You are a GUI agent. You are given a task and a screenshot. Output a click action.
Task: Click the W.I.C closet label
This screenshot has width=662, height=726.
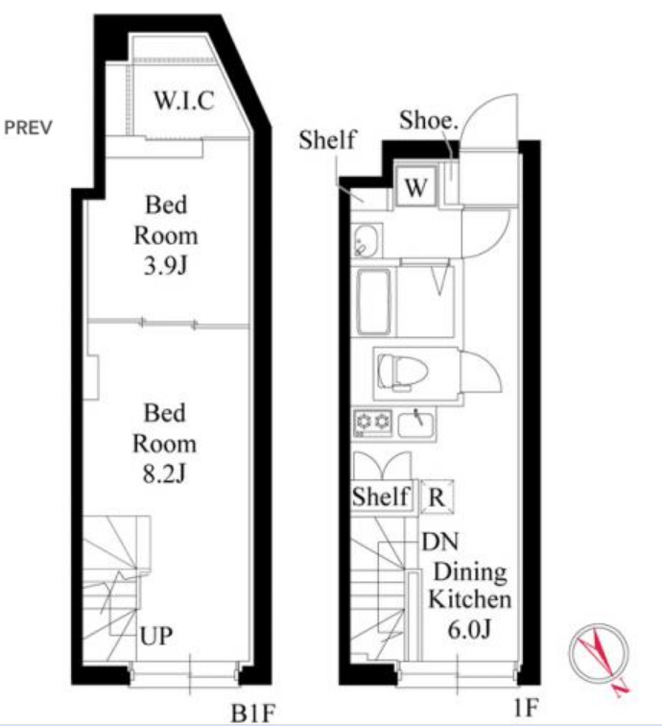(184, 100)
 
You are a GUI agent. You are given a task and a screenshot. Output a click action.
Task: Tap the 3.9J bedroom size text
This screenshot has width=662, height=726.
(166, 266)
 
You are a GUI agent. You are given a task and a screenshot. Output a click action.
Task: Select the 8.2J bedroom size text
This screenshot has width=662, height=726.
(164, 474)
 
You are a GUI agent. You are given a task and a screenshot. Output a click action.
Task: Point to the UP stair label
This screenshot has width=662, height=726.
(156, 636)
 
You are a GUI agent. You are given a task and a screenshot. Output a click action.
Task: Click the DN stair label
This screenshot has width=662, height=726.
(440, 542)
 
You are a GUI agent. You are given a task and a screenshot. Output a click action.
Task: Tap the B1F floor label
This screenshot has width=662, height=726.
(253, 713)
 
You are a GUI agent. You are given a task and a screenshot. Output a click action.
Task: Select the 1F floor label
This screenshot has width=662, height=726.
(526, 708)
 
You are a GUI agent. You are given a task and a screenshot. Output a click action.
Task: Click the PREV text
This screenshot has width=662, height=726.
(28, 128)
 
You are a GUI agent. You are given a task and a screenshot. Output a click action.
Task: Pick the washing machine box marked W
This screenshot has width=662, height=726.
(415, 186)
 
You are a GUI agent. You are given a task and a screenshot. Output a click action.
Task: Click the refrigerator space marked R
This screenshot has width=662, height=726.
(437, 496)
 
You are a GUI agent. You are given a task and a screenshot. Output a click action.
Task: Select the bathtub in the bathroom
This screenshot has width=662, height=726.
(374, 302)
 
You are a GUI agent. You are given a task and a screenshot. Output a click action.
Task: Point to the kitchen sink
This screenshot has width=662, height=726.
(416, 423)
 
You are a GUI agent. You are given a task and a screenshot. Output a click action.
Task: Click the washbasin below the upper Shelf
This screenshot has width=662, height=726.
(366, 241)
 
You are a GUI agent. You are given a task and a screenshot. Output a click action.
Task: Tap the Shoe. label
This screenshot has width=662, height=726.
(429, 120)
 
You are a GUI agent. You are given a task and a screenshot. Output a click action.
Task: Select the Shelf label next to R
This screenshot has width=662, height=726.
(381, 496)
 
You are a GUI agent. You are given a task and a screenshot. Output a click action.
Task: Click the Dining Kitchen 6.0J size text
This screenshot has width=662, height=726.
(469, 630)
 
